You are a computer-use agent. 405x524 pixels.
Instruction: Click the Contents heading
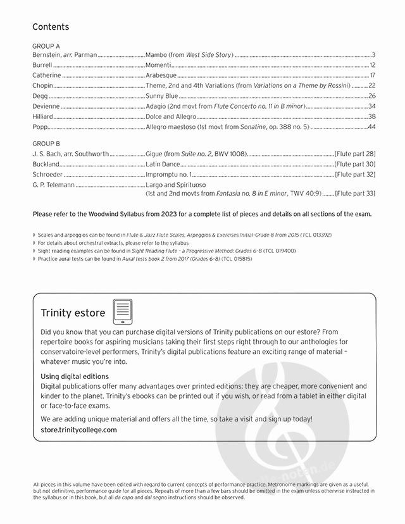pyautogui.click(x=51, y=27)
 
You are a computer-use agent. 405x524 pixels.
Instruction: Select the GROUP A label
pyautogui.click(x=46, y=46)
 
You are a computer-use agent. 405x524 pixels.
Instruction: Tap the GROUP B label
pyautogui.click(x=46, y=144)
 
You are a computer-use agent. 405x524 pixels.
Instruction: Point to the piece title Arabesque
pyautogui.click(x=163, y=75)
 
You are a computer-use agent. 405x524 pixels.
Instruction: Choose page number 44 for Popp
pyautogui.click(x=372, y=127)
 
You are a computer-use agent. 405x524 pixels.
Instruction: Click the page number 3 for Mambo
pyautogui.click(x=374, y=55)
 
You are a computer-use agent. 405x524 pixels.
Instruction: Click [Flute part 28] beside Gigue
pyautogui.click(x=355, y=154)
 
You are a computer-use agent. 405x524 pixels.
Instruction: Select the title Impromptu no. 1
pyautogui.click(x=168, y=174)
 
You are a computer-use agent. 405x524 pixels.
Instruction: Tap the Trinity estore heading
pyautogui.click(x=73, y=313)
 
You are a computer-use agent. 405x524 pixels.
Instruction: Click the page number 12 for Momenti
pyautogui.click(x=373, y=65)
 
